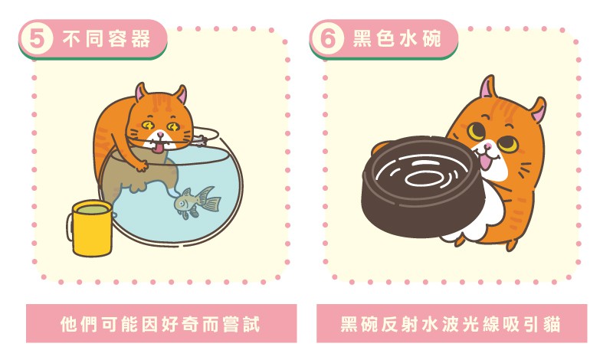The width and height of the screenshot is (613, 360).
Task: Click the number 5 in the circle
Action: [x=36, y=40]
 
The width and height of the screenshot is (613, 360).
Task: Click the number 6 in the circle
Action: [x=328, y=39]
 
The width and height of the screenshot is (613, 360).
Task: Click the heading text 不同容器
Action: [x=107, y=39]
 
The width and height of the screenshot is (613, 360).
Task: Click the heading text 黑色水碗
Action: [x=397, y=39]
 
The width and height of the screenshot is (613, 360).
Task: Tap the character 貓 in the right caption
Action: [x=551, y=324]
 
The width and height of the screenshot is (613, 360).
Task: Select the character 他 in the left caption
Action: [x=69, y=324]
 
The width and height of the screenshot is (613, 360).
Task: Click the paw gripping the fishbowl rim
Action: [x=141, y=165]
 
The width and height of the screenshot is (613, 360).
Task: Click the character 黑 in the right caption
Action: [x=349, y=324]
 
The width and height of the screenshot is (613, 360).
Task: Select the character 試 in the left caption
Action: [x=251, y=324]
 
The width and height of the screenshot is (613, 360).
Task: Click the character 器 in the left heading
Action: [x=141, y=39]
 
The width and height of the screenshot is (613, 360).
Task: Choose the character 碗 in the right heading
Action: [x=431, y=39]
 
